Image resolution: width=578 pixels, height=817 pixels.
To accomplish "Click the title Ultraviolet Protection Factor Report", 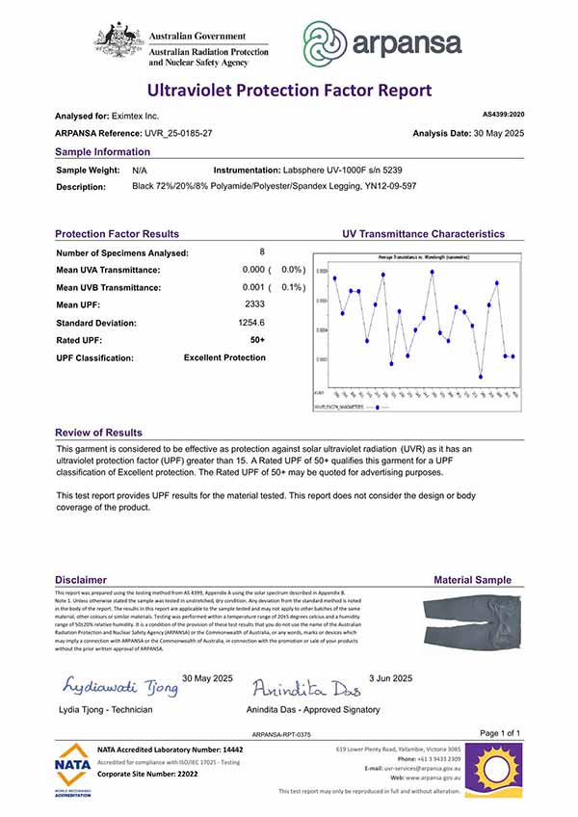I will point(289,91).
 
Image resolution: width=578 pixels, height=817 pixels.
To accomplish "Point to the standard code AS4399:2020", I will point(502,114).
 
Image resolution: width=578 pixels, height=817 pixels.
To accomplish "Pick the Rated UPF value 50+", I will point(257,340).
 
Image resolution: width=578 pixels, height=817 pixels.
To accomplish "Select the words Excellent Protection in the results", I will point(224,357).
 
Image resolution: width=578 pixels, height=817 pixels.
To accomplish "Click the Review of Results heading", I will point(98,433).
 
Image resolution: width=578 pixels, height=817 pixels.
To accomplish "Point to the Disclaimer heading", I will point(81,579).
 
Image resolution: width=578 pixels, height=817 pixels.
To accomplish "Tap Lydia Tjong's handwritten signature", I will point(120,686).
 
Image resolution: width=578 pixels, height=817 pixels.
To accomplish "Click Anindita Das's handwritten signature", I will point(306,688).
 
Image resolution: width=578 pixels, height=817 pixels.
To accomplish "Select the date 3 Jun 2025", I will point(390,677).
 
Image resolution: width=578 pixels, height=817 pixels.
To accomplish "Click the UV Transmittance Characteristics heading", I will point(423,234).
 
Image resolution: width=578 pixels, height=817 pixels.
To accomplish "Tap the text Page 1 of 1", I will point(499,733).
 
